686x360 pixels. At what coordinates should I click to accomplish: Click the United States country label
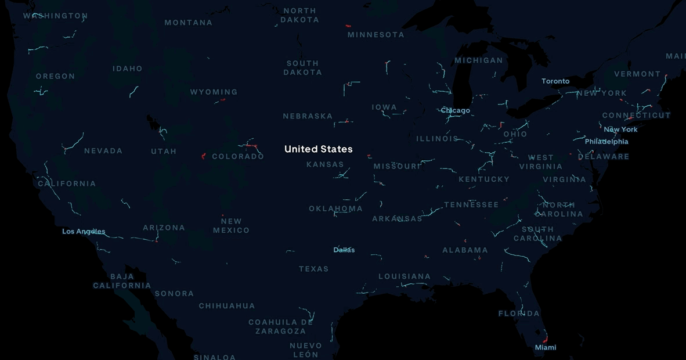(318, 149)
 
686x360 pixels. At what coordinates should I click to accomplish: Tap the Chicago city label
(455, 110)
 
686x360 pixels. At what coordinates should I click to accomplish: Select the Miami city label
(545, 347)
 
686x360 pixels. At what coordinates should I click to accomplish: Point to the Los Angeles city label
(84, 232)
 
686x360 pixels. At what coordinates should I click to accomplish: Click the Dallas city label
(344, 250)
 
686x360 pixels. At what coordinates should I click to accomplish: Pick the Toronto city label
(555, 81)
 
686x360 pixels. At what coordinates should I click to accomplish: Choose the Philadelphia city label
(606, 142)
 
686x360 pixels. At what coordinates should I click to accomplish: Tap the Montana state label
(188, 23)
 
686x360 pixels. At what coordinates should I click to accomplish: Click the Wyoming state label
(214, 92)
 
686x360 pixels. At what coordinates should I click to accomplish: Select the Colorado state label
(238, 156)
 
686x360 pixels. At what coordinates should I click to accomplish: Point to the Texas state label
(313, 269)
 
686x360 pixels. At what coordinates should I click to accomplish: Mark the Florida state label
(518, 314)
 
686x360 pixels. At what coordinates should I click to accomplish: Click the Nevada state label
(103, 151)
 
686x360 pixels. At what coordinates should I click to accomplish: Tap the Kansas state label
(325, 164)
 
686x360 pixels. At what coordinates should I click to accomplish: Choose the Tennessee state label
(471, 204)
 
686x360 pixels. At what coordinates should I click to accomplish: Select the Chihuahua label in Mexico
(226, 306)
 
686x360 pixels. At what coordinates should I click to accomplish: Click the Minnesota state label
(376, 35)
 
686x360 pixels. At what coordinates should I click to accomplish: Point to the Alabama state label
(465, 250)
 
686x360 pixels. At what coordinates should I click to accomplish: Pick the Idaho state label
(127, 69)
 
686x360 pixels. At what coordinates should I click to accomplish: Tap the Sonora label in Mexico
(174, 294)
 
